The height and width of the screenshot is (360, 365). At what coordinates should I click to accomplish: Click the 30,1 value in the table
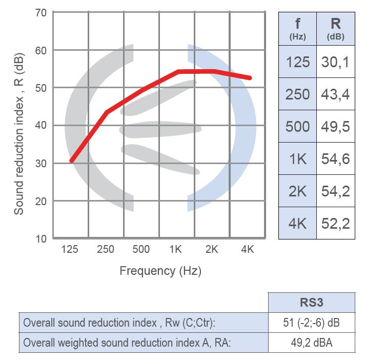coord(335,62)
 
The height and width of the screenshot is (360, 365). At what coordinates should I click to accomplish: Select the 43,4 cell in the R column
coord(335,94)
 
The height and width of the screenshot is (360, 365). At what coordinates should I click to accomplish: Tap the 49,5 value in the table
coord(335,127)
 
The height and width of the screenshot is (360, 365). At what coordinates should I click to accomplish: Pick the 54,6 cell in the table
coord(335,159)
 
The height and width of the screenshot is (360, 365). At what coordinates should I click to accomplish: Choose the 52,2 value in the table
coord(335,224)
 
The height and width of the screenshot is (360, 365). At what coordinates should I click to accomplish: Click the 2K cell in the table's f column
coord(298,191)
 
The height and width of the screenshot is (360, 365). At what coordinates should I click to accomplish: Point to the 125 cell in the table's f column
coord(298,62)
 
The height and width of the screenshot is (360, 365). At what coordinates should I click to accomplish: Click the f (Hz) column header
coord(298,28)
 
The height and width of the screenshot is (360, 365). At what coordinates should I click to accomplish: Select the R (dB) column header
coord(335,28)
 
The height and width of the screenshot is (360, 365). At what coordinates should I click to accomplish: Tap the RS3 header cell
coord(311,303)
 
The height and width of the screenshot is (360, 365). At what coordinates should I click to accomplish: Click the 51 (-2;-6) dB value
coord(311,323)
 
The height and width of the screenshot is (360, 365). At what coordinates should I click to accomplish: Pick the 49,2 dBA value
coord(311,343)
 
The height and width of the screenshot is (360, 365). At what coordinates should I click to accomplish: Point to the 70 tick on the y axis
coord(40,12)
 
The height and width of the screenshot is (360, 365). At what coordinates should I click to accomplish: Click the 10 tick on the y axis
coord(40,238)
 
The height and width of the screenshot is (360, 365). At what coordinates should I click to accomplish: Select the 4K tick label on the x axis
coord(248,250)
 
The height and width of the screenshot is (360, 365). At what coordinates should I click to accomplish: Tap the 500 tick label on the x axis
coord(141,250)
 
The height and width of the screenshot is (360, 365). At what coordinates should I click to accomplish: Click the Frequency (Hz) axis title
coord(160,271)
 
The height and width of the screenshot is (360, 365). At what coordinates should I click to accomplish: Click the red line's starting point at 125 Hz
coord(72,161)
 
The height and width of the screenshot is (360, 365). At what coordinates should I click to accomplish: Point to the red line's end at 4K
coord(250,78)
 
